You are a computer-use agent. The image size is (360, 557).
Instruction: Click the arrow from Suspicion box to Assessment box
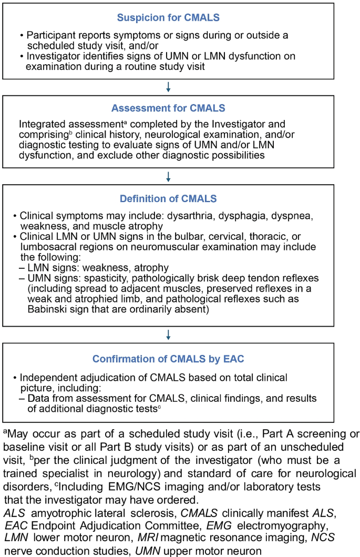tap(168, 86)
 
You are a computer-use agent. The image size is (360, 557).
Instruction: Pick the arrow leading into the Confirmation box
tap(168, 334)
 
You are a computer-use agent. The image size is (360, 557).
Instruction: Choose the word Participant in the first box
tap(49, 36)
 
